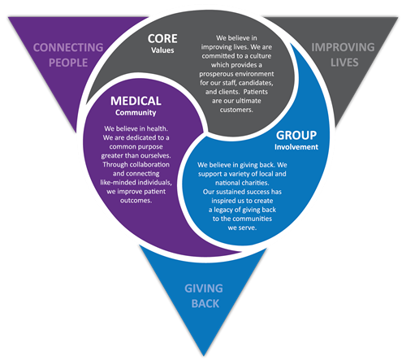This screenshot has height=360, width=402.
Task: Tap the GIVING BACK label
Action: [201, 294]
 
